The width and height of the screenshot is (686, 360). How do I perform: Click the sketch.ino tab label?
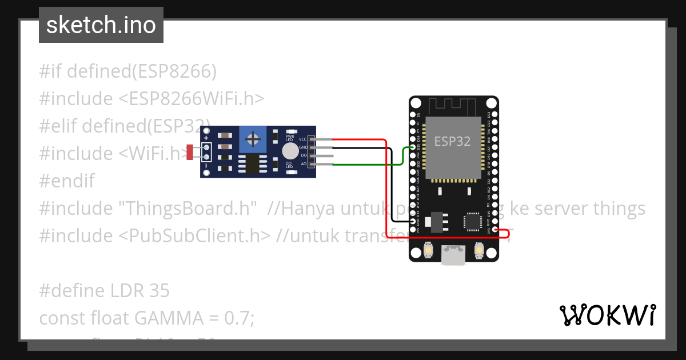pos(101,25)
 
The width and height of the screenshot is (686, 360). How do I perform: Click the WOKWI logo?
pos(608,315)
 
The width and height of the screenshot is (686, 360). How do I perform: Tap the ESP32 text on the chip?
pos(452,141)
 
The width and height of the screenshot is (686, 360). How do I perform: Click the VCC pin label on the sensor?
pos(303,139)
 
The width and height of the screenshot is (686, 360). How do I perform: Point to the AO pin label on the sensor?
pos(304,164)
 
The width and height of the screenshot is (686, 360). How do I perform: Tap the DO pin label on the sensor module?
pos(304,155)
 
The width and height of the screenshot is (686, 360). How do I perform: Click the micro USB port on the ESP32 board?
pos(453,255)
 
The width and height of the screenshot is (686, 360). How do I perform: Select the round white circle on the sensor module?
pos(290,151)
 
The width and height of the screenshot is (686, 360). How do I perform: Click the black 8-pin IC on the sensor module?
pos(252,164)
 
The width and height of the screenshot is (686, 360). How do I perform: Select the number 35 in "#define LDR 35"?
pos(159,291)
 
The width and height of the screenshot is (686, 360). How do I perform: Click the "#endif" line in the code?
pos(67,181)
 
